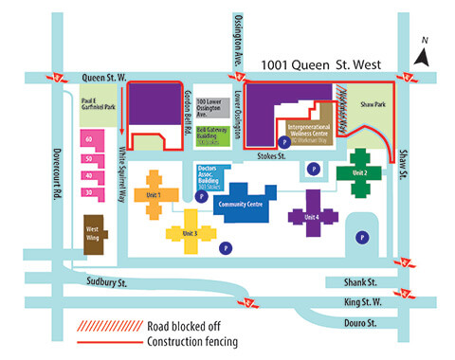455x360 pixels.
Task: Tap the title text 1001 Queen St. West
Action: [x=326, y=63]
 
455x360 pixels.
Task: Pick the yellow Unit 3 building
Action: [x=189, y=232]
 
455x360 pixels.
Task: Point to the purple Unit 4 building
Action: [x=312, y=216]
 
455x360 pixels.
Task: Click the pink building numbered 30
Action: [x=90, y=192]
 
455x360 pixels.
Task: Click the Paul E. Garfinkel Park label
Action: [x=98, y=105]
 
